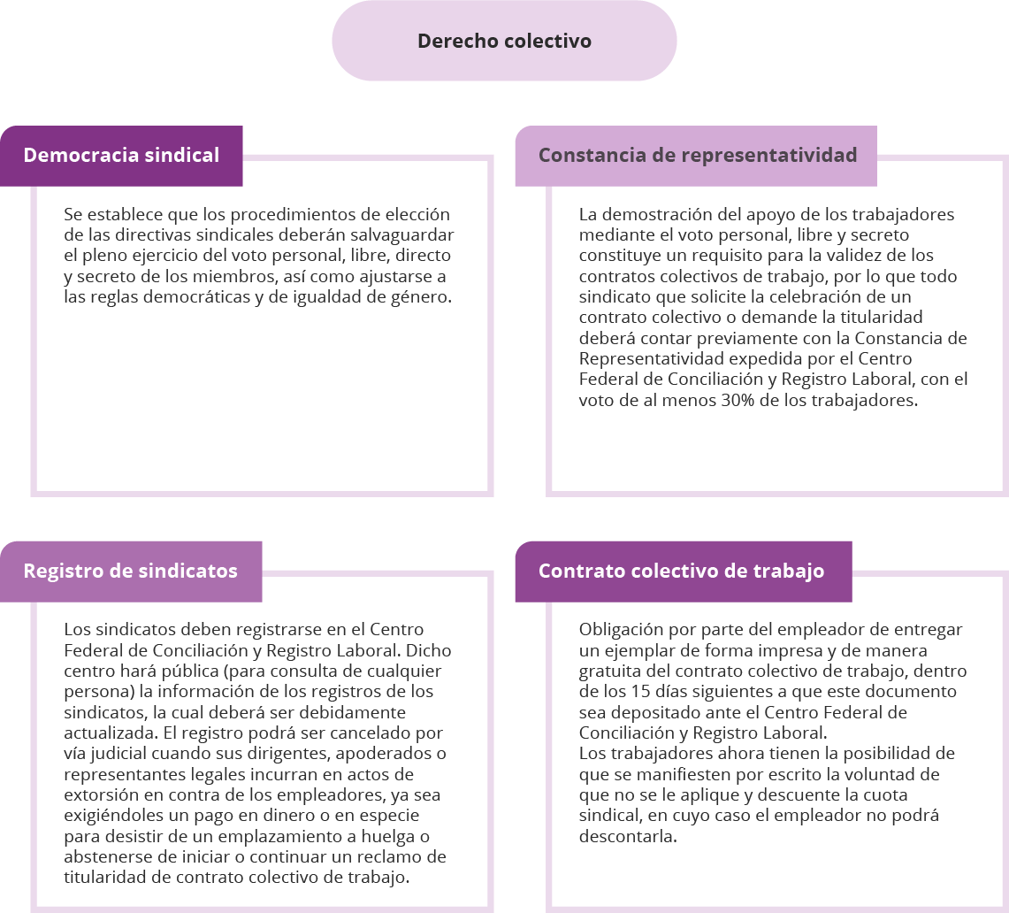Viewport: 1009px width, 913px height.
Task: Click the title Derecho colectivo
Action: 504,41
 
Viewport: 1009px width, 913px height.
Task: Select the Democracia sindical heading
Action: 121,155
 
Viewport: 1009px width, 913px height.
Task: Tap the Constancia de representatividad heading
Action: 698,155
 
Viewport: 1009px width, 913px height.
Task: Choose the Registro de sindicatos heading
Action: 131,572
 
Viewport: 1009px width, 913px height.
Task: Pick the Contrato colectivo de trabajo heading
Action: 682,572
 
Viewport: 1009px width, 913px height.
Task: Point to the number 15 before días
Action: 641,692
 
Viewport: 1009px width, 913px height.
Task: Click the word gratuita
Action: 609,671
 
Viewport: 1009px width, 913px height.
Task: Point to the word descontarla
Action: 627,836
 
